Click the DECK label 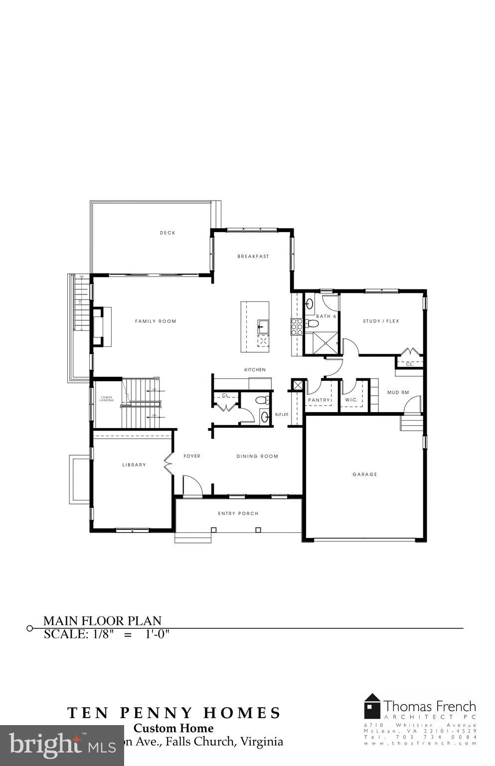tap(167, 233)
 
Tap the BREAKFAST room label tap(253, 256)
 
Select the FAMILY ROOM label tap(156, 321)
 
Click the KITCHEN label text tap(255, 370)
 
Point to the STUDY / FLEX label tap(381, 321)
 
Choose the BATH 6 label tap(326, 316)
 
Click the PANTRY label tap(319, 400)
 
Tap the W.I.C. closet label tap(351, 400)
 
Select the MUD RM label tap(398, 392)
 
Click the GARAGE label tap(365, 474)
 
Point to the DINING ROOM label tap(257, 456)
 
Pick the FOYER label tap(192, 456)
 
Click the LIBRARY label tap(134, 465)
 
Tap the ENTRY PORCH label tap(238, 513)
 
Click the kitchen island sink tap(262, 326)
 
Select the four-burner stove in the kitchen tap(297, 326)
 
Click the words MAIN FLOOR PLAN tap(102, 621)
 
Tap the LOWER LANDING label tap(106, 398)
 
